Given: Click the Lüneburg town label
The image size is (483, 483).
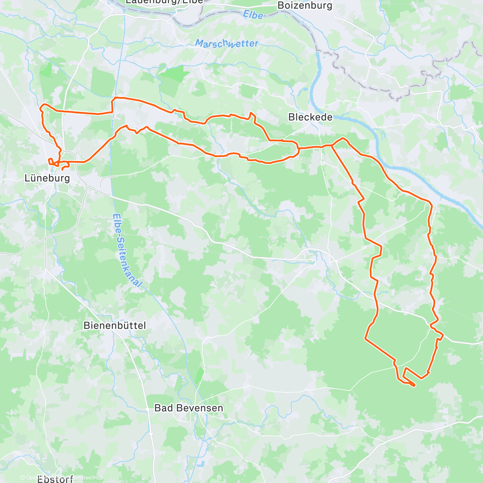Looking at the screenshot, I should coord(47,178).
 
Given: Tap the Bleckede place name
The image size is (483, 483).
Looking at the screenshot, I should coord(310,117).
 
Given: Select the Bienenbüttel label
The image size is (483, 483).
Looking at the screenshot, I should coord(114,325).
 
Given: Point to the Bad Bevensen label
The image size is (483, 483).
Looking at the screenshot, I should coord(188,408).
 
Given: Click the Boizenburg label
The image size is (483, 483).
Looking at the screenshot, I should coord(305,5).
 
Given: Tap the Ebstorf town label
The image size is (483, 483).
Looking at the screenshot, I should coord(55,479).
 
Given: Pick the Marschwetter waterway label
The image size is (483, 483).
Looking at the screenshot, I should coord(227,43).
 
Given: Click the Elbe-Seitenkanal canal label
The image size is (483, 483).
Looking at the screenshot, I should coord(127,250).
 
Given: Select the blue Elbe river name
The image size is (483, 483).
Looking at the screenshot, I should coord(253,15).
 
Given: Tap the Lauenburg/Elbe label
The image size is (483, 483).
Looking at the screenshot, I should coord(164,2).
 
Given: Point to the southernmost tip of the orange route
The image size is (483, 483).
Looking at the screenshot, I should coord(414,386).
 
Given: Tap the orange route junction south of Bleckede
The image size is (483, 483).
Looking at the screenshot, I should coord(331,145).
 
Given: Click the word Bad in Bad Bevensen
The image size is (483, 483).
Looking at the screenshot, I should coord(163,408).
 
